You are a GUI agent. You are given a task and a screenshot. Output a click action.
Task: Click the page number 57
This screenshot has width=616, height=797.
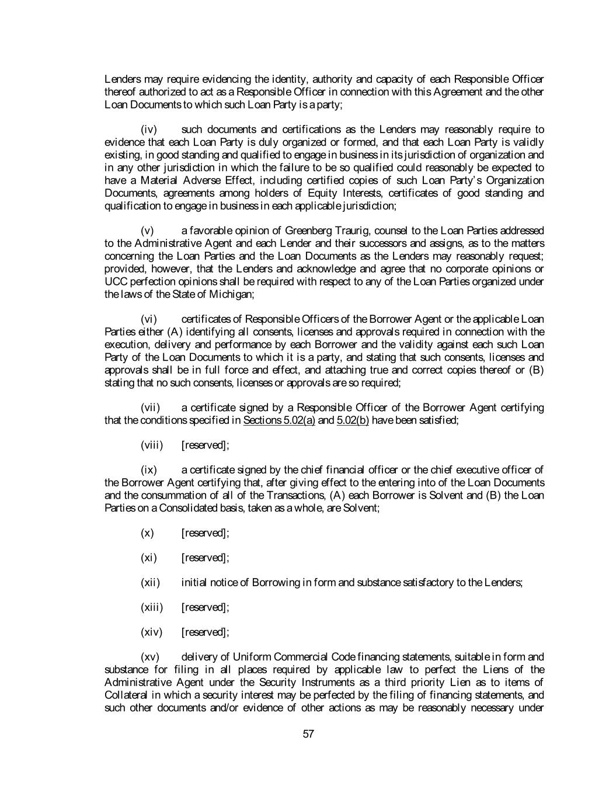click(x=309, y=734)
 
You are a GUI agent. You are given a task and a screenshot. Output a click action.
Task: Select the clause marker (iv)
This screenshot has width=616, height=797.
click(x=149, y=130)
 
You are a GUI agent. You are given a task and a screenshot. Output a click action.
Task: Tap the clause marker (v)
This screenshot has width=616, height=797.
click(x=148, y=231)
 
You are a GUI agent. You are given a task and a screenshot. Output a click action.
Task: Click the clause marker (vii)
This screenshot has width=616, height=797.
click(x=151, y=408)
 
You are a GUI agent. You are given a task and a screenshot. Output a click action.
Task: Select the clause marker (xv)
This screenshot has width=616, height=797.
click(x=150, y=657)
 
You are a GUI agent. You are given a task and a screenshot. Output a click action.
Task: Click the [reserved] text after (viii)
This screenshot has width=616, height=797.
click(x=205, y=446)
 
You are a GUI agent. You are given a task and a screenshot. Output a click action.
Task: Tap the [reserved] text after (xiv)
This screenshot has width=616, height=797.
click(x=205, y=632)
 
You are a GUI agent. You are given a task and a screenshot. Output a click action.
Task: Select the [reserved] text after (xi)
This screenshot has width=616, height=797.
click(x=205, y=558)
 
